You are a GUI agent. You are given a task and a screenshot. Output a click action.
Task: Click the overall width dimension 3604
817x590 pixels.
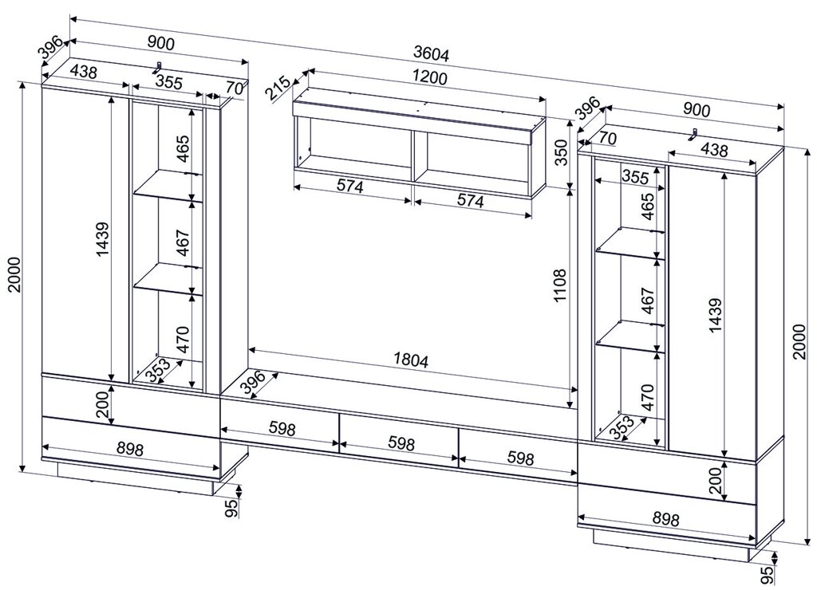(x=431, y=53)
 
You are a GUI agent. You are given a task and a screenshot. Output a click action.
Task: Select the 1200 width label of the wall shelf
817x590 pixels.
(x=429, y=77)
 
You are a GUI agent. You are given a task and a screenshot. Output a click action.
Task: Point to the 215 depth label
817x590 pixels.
(x=278, y=88)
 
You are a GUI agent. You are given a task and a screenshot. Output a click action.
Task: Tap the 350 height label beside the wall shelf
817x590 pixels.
(x=561, y=151)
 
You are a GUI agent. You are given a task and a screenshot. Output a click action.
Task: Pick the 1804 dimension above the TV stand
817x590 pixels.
(x=411, y=360)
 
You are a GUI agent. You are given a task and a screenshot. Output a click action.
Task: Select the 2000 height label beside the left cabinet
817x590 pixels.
(x=14, y=274)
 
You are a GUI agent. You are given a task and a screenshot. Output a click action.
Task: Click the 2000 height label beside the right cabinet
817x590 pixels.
(x=799, y=341)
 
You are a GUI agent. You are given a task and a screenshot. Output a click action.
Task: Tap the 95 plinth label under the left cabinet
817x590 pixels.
(x=232, y=506)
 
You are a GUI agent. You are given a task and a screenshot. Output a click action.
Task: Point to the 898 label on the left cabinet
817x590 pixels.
(x=130, y=449)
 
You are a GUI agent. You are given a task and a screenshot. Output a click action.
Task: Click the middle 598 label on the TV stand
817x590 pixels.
(x=401, y=443)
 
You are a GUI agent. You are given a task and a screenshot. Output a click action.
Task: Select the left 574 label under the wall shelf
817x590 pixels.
(x=349, y=186)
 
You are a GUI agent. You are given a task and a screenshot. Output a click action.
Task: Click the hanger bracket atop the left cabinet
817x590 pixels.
(x=157, y=68)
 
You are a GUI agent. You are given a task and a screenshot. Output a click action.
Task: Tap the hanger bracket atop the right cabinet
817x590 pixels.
(x=693, y=134)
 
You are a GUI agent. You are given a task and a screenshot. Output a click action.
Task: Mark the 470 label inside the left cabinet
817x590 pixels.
(x=183, y=339)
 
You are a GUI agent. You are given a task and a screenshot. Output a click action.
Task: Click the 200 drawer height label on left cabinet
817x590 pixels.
(x=103, y=404)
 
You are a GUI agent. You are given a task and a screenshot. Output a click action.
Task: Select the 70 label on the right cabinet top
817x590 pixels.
(x=607, y=140)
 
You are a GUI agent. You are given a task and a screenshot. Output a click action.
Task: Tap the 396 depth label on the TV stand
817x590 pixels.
(x=254, y=383)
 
